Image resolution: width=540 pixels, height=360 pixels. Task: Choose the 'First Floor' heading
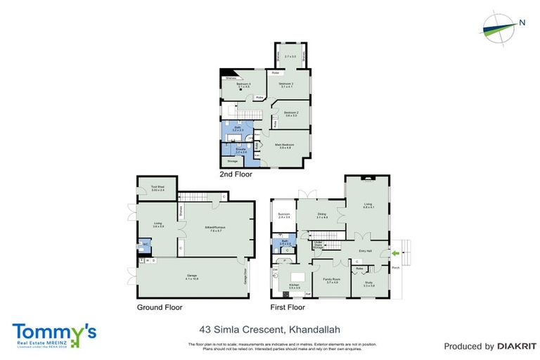[288, 307]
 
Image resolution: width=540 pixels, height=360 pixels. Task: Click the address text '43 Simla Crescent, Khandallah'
[270, 328]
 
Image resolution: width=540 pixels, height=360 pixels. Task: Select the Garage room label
[191, 277]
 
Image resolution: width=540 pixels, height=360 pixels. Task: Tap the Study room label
[368, 284]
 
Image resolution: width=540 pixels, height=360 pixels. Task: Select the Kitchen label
[294, 285]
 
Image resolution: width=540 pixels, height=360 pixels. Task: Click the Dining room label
[323, 217]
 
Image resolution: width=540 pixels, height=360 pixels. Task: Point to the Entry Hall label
[365, 250]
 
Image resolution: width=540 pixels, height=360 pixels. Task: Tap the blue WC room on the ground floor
[145, 244]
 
